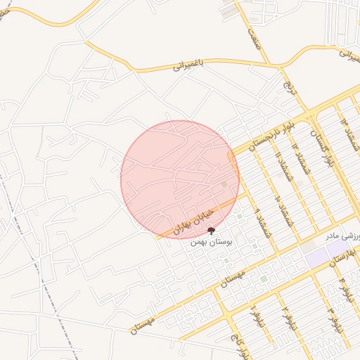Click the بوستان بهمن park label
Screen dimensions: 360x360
click(212, 241)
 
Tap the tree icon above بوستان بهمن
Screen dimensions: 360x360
click(212, 230)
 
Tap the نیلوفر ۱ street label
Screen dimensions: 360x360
click(252, 316)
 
